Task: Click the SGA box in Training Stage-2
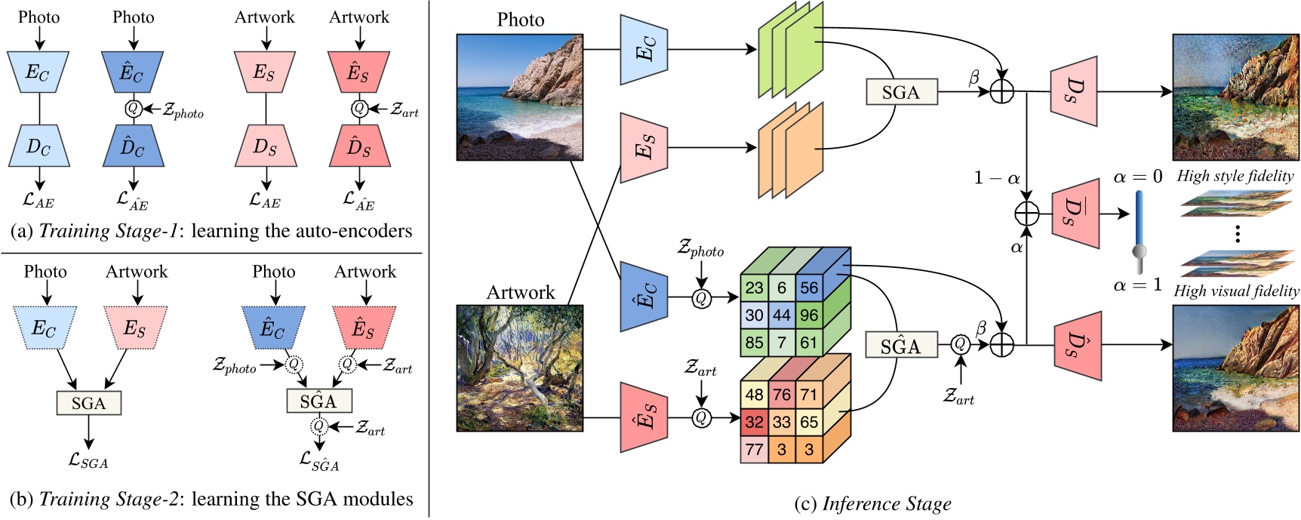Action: pos(88,403)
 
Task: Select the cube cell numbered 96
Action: pos(808,315)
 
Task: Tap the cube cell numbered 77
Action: pos(754,450)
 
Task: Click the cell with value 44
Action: pos(782,315)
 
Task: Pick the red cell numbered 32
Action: pos(754,422)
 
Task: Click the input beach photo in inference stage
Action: pos(520,97)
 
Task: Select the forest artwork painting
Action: pos(520,368)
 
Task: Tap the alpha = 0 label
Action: pos(1137,177)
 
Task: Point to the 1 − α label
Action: pos(996,178)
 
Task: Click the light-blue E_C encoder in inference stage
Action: pos(644,50)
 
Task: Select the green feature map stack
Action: pos(789,50)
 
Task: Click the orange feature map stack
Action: pos(789,149)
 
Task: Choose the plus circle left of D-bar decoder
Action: pos(1026,214)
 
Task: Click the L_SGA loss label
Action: pos(88,460)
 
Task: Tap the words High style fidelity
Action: pos(1235,176)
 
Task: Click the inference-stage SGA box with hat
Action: pos(900,346)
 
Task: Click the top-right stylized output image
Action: pos(1235,97)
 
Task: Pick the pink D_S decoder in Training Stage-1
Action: pos(265,146)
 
